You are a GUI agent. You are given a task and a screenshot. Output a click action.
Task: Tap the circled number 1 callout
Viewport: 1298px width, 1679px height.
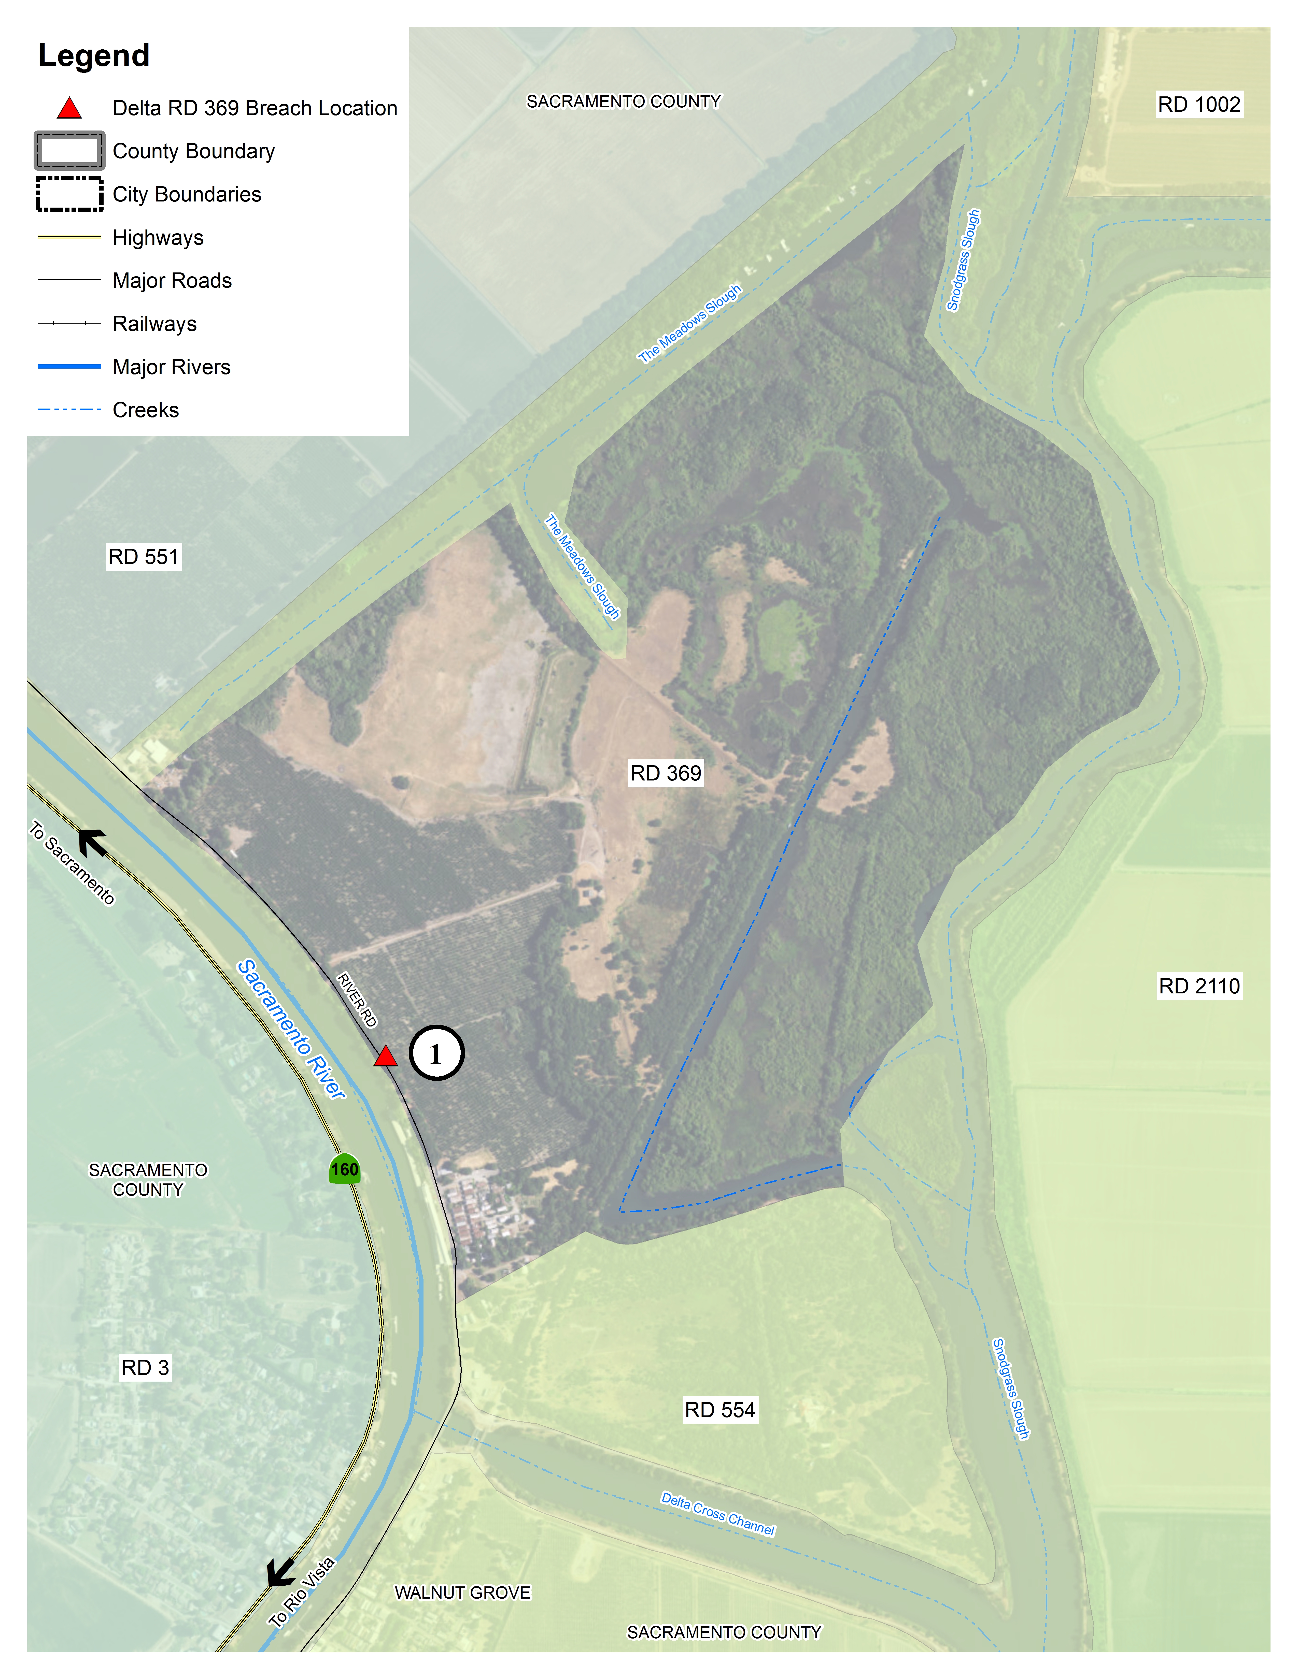(436, 1053)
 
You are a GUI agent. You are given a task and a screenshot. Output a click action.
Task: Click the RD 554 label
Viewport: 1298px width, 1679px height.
(720, 1409)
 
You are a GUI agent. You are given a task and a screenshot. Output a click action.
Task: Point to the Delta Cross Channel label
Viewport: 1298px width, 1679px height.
(717, 1513)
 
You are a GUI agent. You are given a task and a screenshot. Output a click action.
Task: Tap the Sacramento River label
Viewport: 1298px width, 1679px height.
(291, 1029)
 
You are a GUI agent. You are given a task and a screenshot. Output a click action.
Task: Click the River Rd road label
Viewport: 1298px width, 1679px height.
(357, 1000)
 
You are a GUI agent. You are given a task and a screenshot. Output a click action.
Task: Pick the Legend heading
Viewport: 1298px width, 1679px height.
(94, 55)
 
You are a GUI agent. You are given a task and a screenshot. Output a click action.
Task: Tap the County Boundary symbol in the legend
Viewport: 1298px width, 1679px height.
(69, 151)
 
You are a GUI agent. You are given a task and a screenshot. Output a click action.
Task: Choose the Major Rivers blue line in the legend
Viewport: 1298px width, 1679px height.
(69, 367)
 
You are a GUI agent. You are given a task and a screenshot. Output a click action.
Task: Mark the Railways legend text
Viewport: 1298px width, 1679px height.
(154, 324)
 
